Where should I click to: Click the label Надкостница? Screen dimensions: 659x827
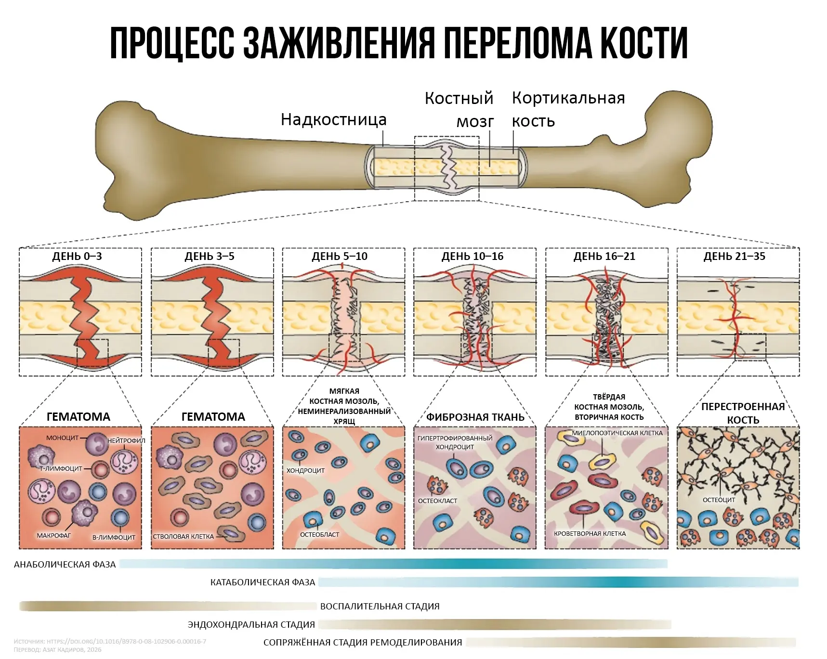tap(333, 119)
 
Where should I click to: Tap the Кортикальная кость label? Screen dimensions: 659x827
tap(568, 109)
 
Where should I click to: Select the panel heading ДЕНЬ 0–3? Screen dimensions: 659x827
tap(77, 256)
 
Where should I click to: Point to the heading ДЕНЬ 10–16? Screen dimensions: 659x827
tap(473, 256)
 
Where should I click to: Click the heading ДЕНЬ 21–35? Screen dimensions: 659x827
tap(734, 256)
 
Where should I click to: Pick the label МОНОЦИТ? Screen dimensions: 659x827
tap(62, 438)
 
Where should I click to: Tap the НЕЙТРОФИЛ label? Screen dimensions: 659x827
tap(126, 440)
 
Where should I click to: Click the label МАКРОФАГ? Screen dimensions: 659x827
tap(54, 535)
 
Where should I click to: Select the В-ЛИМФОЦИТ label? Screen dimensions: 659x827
tap(114, 537)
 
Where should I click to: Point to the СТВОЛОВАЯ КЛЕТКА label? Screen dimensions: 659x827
tap(183, 536)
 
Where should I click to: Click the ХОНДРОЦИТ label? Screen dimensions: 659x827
tap(305, 470)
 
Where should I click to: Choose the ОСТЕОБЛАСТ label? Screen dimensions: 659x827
tap(319, 534)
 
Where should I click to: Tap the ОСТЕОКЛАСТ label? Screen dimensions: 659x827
tap(437, 501)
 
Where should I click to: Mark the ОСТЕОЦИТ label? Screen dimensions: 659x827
tap(719, 500)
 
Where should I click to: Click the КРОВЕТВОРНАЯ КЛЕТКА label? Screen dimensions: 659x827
tap(590, 533)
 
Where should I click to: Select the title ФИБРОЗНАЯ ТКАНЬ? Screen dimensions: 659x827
tap(475, 417)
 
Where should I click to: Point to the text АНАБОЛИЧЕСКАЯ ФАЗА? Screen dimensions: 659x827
tap(65, 565)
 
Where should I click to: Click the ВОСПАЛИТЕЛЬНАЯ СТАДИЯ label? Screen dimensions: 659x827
tap(380, 607)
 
